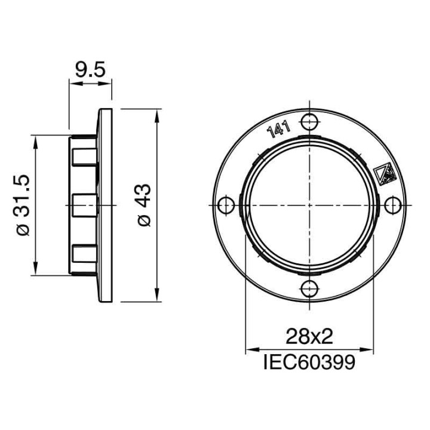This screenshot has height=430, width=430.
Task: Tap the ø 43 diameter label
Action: click(145, 205)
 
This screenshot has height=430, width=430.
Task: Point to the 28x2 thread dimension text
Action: click(309, 337)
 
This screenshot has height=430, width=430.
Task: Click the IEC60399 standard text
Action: click(309, 361)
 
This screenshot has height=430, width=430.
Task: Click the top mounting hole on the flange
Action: click(309, 122)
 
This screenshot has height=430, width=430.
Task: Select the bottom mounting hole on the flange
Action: click(309, 288)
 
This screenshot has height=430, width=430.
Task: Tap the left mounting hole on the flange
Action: click(225, 205)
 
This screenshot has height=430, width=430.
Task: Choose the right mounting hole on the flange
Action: click(392, 205)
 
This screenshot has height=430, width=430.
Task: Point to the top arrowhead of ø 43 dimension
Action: click(157, 114)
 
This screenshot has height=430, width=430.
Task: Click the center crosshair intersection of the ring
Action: click(309, 205)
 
